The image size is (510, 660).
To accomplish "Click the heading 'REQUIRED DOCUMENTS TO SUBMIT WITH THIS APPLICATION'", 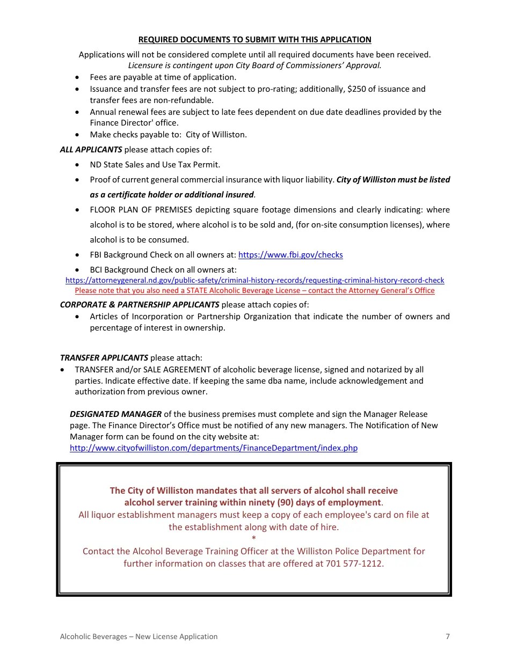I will (254, 40).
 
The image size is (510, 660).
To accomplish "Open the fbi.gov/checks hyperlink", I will (290, 255).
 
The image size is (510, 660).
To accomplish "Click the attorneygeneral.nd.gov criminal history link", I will (254, 280).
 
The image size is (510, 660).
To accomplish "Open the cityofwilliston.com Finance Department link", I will (213, 448).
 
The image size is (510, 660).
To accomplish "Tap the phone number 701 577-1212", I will (354, 563).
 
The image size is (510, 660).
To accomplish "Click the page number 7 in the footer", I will (448, 636).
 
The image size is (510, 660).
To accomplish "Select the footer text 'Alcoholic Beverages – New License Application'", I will (139, 636).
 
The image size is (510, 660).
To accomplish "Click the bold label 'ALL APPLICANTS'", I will (91, 150).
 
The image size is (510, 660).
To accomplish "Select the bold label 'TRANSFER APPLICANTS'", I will (104, 357).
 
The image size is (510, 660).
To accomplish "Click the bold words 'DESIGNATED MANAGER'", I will (115, 414).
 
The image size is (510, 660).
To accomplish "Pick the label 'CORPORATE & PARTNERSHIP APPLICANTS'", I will (140, 305).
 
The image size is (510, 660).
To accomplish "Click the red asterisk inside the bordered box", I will (254, 539).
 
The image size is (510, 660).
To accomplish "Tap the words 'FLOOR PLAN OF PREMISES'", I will (137, 210).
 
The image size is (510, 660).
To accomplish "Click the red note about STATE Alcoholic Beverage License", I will (254, 290).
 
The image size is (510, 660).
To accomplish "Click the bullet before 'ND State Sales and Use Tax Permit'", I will (78, 165).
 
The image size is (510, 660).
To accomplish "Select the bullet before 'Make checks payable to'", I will (78, 135).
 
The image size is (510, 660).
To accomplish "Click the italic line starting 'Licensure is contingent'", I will (254, 65).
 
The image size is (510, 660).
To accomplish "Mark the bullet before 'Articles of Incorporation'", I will (78, 317).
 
